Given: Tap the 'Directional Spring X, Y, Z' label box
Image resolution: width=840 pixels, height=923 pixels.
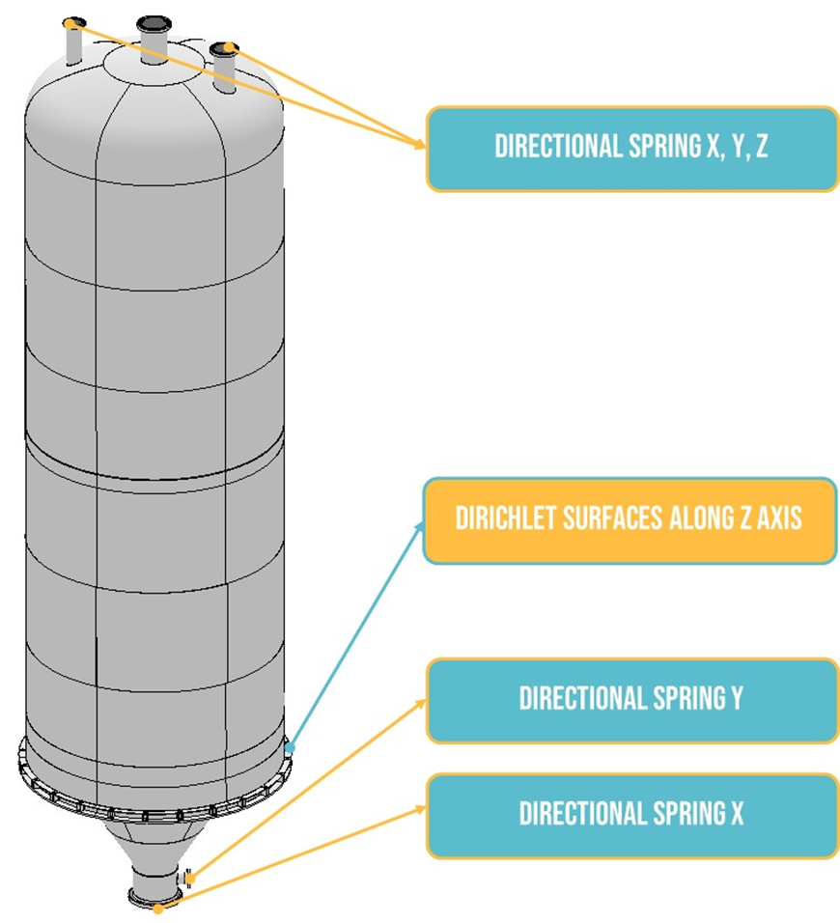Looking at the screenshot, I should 631,148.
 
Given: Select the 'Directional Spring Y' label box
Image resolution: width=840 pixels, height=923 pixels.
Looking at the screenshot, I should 631,700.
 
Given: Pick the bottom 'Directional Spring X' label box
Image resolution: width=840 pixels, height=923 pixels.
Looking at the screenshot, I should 631,815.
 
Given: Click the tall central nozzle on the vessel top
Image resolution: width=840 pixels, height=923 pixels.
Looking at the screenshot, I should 154,39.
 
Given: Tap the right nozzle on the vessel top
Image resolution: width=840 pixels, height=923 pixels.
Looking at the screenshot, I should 225,68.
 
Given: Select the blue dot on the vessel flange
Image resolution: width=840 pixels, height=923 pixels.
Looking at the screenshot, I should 289,746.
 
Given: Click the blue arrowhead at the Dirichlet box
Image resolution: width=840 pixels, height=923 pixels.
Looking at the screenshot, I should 421,526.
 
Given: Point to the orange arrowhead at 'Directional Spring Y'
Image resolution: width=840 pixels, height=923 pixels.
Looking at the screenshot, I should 421,703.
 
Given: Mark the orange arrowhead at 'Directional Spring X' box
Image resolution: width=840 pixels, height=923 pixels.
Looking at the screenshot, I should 421,809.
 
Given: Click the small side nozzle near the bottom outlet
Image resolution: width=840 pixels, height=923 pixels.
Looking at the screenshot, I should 190,878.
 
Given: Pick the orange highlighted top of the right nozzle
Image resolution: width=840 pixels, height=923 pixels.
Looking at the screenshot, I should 227,47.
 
